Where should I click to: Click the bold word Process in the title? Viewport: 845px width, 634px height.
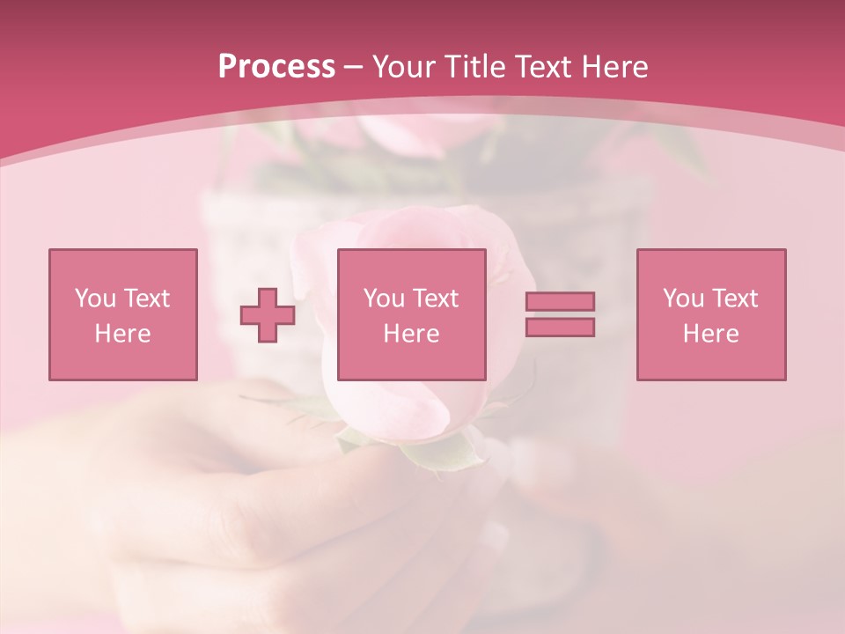(276, 67)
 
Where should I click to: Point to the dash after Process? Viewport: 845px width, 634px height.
(354, 68)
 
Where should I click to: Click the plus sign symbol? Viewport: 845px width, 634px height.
(268, 314)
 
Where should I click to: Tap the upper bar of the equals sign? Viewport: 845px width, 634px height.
(560, 301)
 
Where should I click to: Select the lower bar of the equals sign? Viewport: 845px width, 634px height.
(560, 327)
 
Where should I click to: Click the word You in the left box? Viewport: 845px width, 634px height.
(95, 299)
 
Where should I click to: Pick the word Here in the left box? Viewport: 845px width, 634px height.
(122, 334)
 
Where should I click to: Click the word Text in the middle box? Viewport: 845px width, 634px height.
(435, 299)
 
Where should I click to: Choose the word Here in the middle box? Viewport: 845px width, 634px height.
(411, 334)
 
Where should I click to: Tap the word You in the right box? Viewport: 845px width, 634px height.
(683, 299)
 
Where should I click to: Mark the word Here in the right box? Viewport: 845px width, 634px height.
(710, 334)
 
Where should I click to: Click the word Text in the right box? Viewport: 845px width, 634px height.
(734, 299)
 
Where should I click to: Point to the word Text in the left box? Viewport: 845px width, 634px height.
(146, 299)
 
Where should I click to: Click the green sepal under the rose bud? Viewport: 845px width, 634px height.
(440, 453)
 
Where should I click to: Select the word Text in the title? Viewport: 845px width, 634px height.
(544, 67)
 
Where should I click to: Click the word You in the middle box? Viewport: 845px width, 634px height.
(384, 299)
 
